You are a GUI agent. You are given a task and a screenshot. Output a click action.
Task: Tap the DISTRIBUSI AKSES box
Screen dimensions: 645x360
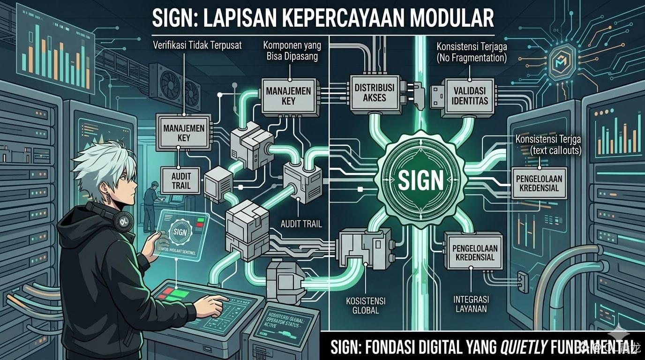tap(374, 92)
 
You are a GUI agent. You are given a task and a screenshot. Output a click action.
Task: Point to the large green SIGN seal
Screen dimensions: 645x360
tap(420, 180)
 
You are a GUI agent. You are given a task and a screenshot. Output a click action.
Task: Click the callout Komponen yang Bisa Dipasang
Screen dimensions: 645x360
tap(291, 52)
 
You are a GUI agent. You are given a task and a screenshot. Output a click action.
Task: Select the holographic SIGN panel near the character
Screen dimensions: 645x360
tap(181, 232)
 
